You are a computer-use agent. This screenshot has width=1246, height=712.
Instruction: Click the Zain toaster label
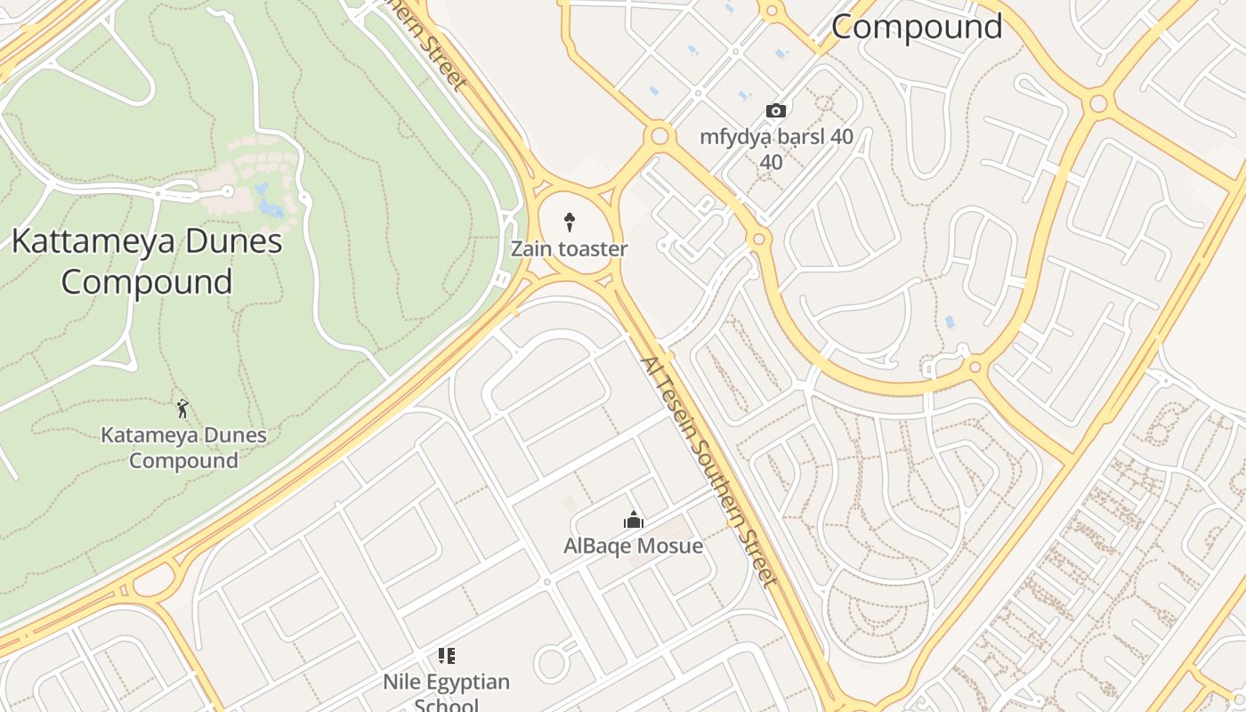569,249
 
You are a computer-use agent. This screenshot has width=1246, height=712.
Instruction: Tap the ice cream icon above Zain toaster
570,222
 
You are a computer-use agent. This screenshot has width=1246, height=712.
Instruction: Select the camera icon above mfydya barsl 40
776,111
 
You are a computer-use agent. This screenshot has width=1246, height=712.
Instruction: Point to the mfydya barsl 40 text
776,137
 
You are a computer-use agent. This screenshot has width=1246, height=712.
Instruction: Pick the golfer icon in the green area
183,409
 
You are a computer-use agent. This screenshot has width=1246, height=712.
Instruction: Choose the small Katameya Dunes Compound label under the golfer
183,448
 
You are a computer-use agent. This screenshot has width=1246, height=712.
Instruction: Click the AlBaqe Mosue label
633,546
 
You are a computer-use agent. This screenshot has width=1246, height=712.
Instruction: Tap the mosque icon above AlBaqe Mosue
634,520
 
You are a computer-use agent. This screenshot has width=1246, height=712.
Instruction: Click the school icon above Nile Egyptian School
447,657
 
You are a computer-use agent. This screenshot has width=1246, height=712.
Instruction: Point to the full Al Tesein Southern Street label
708,471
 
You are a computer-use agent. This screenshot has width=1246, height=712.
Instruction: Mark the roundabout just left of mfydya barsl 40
659,136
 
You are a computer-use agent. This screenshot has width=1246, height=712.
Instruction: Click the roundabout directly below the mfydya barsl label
758,239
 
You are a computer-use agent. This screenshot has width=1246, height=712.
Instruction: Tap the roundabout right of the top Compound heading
1098,103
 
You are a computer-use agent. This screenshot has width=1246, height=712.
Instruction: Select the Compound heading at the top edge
917,27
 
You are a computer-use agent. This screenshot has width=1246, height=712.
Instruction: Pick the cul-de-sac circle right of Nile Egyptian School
552,664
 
